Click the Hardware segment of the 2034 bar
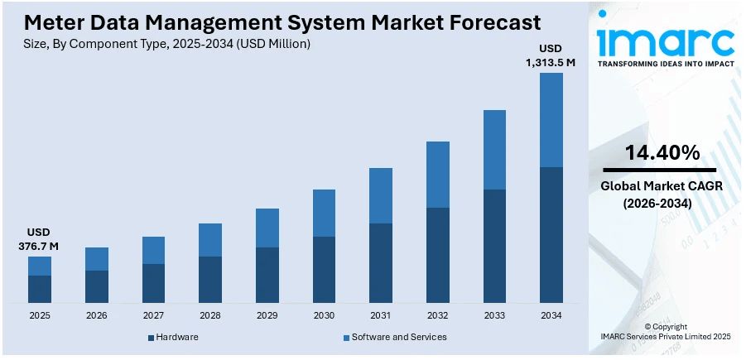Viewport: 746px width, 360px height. coord(551,234)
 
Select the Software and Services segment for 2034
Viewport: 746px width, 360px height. coord(551,120)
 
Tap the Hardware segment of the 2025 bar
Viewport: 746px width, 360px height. coord(40,289)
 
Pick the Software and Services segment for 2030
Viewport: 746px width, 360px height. coord(324,213)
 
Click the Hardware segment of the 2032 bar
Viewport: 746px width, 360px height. coord(438,255)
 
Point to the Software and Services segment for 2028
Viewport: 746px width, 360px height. coord(210,240)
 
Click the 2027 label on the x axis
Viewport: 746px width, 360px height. coord(153,315)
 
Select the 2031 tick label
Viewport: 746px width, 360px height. coord(381,315)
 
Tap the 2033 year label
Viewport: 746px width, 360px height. coord(494,315)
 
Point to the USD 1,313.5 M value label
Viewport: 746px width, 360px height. coord(551,55)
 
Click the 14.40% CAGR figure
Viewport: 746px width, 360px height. coord(662,153)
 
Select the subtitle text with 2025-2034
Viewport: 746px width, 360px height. coord(167,44)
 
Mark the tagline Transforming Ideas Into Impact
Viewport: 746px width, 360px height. coord(666,64)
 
